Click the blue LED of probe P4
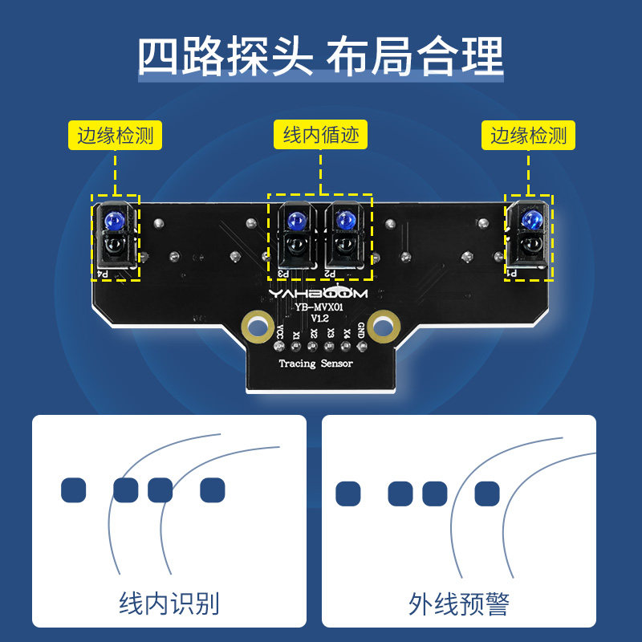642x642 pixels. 116,219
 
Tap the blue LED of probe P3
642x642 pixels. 295,219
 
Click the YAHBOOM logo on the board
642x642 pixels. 318,294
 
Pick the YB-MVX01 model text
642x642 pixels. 319,307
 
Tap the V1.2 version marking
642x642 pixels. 319,319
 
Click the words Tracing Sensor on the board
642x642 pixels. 315,364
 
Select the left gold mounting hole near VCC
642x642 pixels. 257,327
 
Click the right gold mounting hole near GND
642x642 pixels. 384,326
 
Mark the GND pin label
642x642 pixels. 362,331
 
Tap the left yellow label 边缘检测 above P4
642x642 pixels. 116,136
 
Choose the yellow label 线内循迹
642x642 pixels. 319,136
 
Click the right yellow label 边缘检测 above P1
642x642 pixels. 529,136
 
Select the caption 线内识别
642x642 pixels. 169,603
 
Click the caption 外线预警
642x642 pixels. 458,603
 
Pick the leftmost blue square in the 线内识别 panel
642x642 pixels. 73,490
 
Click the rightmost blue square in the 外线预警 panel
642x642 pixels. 486,494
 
